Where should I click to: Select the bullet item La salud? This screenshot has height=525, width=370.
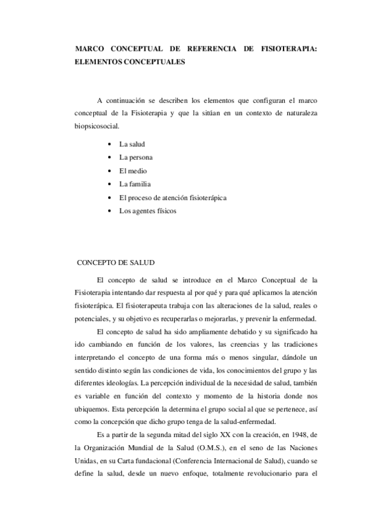[x=132, y=144]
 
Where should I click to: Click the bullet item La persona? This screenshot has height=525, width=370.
[x=136, y=157]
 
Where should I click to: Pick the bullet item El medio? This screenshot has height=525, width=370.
[x=133, y=171]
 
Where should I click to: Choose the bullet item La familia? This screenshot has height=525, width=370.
[x=135, y=184]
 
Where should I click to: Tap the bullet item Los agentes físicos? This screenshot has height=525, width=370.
[x=148, y=211]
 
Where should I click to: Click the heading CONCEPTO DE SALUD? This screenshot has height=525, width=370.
[x=115, y=262]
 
